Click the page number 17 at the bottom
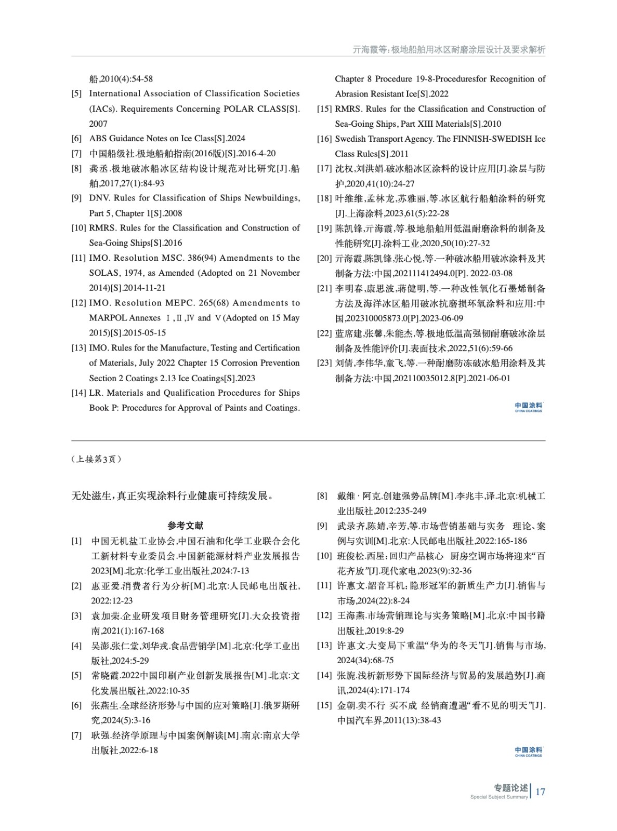pos(540,792)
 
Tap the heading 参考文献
pos(186,526)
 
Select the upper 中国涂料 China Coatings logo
pos(528,407)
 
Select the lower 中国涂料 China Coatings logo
pos(528,752)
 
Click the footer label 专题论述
pos(510,788)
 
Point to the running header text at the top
pos(449,50)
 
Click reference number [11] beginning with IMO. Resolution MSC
pos(78,258)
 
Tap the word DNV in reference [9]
pos(99,198)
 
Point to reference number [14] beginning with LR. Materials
pos(78,393)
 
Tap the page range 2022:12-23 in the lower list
pos(112,600)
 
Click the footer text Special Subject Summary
pos(499,797)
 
